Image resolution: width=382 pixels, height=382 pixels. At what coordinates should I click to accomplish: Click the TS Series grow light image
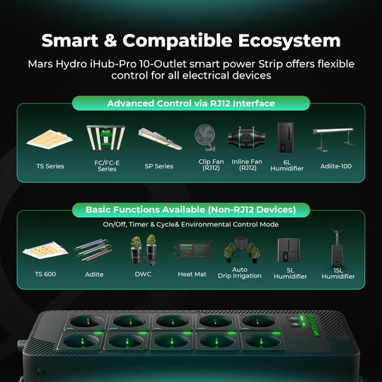coord(49,139)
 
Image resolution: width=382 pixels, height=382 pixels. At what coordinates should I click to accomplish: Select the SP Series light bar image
coord(159,139)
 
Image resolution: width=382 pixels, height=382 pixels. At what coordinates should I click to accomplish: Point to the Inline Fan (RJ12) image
coord(248,138)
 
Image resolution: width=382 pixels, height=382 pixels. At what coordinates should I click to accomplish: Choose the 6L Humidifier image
coord(286,137)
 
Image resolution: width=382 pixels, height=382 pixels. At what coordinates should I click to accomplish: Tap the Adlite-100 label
coord(335,166)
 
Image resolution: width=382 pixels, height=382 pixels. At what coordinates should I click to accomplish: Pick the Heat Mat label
coord(191,273)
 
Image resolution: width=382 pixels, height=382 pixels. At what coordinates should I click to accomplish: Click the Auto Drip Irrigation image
coord(240,251)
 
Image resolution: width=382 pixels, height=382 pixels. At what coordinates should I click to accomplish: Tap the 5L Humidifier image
coord(290,251)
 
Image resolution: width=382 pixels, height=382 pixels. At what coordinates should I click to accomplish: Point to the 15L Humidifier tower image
coord(338,249)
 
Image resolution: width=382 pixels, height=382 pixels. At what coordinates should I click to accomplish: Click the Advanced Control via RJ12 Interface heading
coord(191,103)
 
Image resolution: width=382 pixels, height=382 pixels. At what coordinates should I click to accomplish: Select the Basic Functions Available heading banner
coord(191,210)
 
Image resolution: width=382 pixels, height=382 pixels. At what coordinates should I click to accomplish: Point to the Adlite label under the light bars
coord(94,273)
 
